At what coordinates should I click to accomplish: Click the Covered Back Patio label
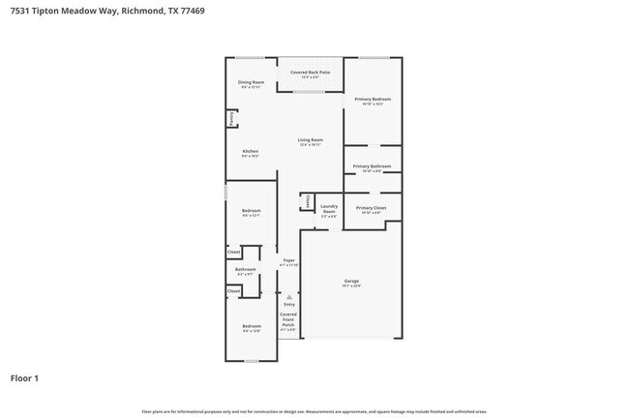click(310, 73)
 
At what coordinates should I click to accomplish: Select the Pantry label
click(232, 118)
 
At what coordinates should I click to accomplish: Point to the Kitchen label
click(250, 152)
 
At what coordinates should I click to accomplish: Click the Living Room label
click(310, 141)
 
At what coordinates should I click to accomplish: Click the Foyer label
click(288, 260)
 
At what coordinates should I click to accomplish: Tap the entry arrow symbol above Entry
click(288, 296)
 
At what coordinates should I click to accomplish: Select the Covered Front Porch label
click(288, 319)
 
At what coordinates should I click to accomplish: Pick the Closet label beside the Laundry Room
click(307, 202)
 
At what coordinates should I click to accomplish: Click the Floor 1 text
click(25, 378)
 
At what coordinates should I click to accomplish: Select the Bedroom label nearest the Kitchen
click(251, 211)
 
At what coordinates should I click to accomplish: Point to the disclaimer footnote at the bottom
click(314, 412)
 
